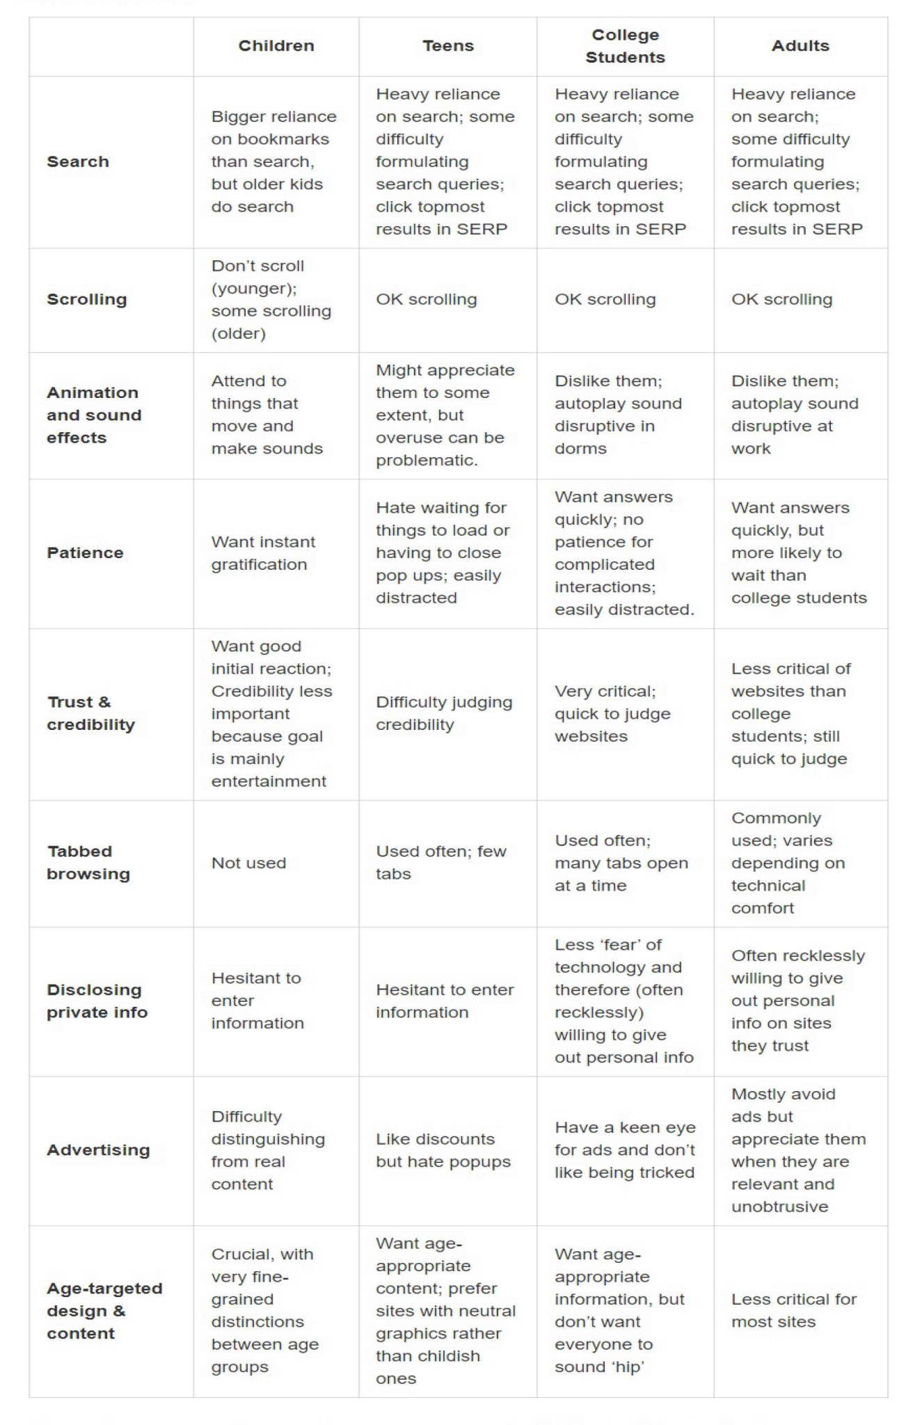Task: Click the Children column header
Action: [x=276, y=46]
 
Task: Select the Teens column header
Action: [x=448, y=46]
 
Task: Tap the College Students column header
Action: [x=625, y=46]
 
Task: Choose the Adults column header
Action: [x=800, y=46]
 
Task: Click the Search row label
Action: [x=78, y=161]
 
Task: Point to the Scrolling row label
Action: [x=87, y=299]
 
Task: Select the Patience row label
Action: [x=85, y=552]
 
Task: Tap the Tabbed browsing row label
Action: [x=88, y=862]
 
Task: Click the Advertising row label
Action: [x=98, y=1149]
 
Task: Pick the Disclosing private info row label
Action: [x=97, y=1001]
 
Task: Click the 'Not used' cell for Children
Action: [x=248, y=863]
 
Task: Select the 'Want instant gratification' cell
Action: [x=263, y=553]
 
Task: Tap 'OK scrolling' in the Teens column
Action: [x=427, y=299]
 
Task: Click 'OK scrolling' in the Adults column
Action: [x=781, y=299]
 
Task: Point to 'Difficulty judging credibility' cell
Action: [x=444, y=713]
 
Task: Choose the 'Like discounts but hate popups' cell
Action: [x=443, y=1150]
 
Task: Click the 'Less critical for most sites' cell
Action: [x=794, y=1310]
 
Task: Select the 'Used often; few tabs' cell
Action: [x=441, y=862]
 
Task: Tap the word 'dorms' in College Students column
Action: [x=580, y=449]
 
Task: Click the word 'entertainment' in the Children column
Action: [x=269, y=781]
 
